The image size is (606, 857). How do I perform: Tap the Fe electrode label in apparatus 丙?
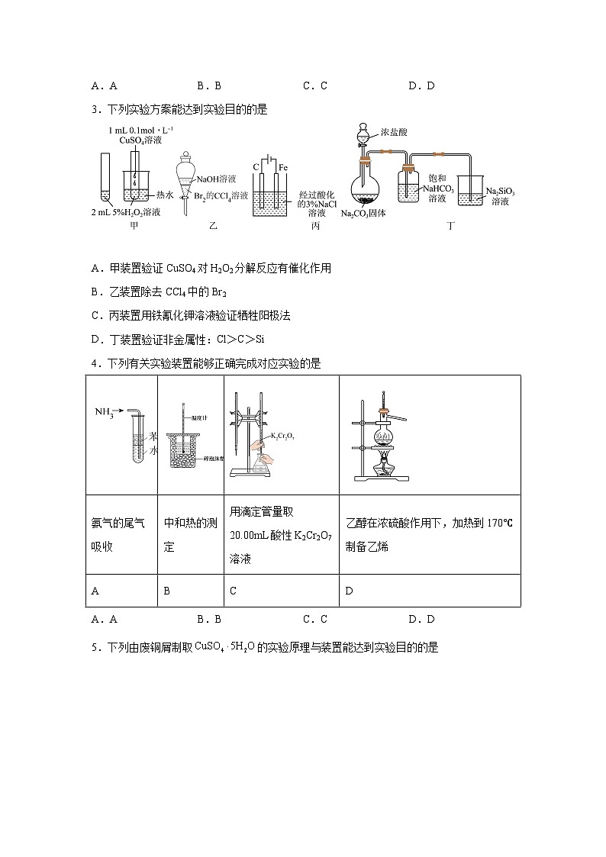point(282,166)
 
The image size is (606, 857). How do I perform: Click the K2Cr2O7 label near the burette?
point(282,436)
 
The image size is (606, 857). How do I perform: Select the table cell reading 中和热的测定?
point(190,534)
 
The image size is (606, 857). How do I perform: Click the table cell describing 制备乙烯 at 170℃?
point(428,534)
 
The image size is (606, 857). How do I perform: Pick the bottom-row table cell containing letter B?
point(190,591)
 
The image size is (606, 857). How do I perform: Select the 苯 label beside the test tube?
point(153,437)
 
